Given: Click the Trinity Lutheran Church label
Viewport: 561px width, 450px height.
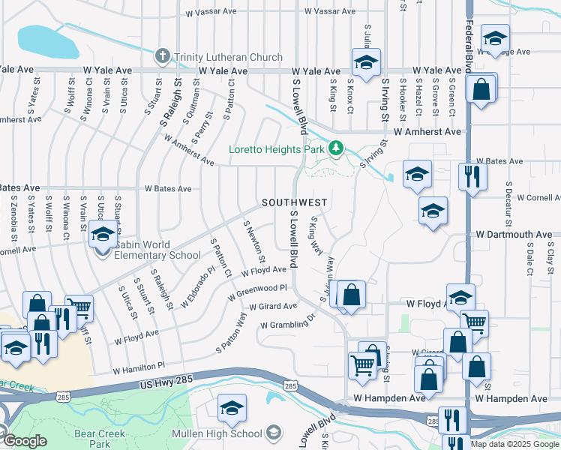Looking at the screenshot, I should [228, 57].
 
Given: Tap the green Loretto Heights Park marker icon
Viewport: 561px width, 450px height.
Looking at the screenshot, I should [337, 149].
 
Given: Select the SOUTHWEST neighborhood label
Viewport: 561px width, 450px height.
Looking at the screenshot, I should [294, 203].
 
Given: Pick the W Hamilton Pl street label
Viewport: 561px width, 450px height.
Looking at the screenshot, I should [138, 368].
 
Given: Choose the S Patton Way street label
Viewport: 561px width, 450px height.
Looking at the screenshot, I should [231, 333].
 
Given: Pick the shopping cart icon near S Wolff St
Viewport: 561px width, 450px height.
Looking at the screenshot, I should [79, 307].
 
